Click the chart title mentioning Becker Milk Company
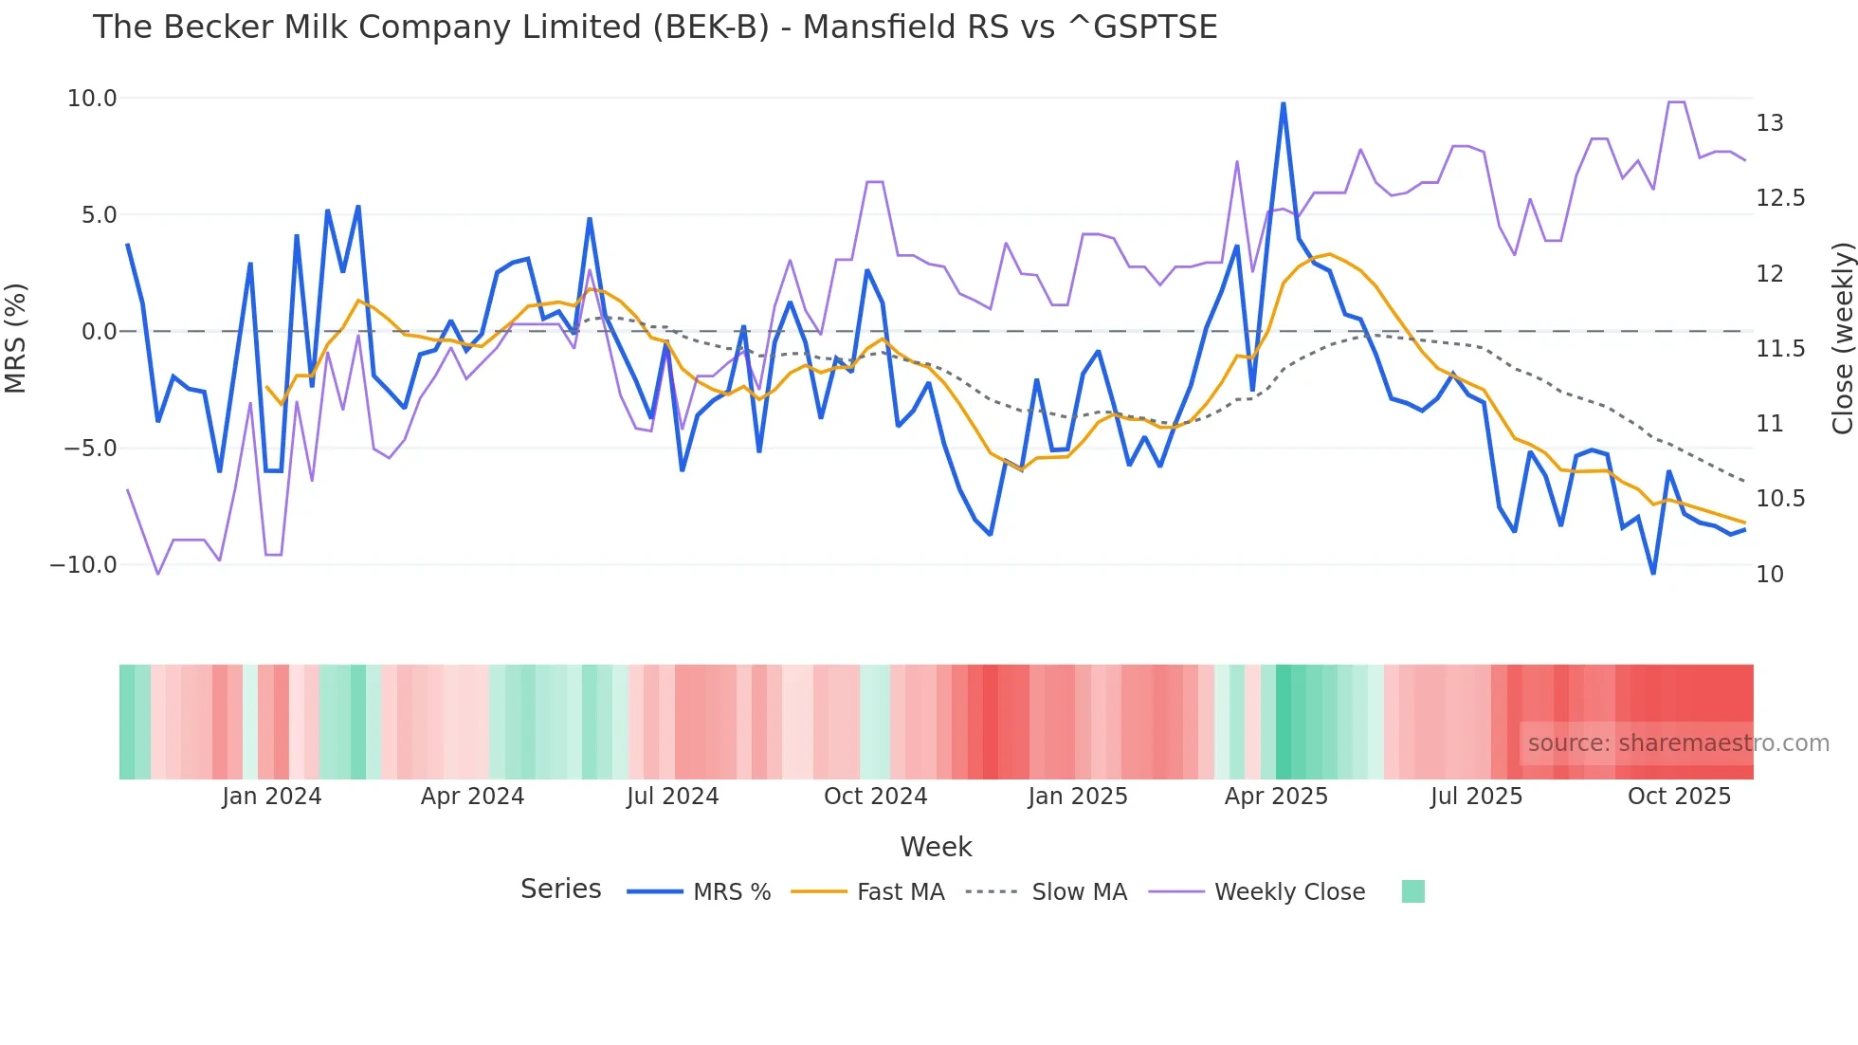pos(654,27)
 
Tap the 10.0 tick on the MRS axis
pos(92,99)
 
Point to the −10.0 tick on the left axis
pos(83,565)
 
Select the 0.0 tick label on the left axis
pos(100,332)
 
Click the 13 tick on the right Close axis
pos(1769,123)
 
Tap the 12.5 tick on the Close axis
pos(1780,198)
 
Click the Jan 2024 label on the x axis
pos(272,797)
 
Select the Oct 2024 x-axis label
pos(875,797)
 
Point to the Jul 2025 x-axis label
pos(1476,797)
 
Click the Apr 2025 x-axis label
pos(1276,797)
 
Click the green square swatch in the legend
pos(1412,891)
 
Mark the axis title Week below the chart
pos(936,847)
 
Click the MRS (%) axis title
pos(16,338)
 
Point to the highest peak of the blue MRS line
pos(1283,103)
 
